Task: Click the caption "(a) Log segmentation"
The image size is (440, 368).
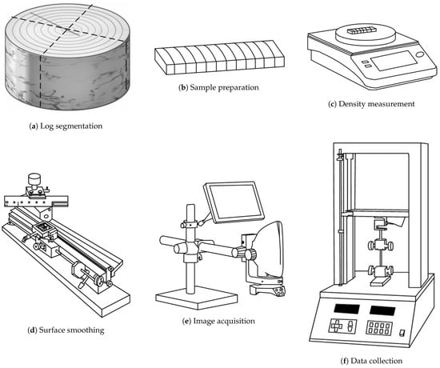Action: click(66, 126)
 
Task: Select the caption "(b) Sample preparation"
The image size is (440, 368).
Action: click(218, 87)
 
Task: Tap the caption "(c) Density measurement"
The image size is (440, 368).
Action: click(371, 104)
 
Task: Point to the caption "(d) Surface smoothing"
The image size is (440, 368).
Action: click(66, 330)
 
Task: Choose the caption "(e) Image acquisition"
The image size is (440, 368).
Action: click(218, 321)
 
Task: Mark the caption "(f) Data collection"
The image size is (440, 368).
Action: click(371, 361)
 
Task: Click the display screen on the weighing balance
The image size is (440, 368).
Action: click(394, 61)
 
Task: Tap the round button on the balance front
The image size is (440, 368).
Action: click(419, 54)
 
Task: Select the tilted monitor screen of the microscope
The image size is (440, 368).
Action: click(234, 202)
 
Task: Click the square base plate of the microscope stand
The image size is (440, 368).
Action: click(197, 298)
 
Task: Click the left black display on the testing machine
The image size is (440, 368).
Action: click(346, 309)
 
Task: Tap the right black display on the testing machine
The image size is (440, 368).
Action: click(382, 310)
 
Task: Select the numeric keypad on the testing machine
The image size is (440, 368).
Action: click(379, 328)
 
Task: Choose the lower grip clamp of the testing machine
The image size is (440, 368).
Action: click(381, 271)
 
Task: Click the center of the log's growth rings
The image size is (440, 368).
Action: click(67, 29)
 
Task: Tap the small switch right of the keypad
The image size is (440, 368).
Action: click(402, 333)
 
